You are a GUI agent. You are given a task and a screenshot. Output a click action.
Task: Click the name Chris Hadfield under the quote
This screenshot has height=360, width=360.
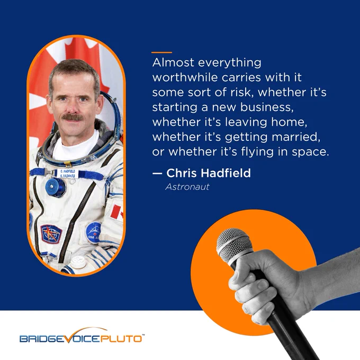click(x=209, y=173)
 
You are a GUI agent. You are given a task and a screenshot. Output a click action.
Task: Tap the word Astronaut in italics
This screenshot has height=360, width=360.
click(x=187, y=187)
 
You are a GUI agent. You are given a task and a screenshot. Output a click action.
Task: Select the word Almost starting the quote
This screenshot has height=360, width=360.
click(x=173, y=62)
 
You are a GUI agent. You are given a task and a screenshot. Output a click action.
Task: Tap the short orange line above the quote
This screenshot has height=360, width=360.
click(x=161, y=52)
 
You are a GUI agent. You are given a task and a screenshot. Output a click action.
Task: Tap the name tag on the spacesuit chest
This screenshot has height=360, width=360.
click(x=68, y=174)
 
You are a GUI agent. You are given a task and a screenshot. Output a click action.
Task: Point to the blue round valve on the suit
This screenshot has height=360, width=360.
click(x=56, y=187)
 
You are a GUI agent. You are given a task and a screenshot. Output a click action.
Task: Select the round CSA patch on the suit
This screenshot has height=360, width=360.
click(x=94, y=232)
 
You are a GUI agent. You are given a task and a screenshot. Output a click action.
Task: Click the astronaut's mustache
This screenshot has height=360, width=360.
click(x=73, y=118)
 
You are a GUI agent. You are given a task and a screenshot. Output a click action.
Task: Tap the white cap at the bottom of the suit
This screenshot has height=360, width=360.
click(x=78, y=262)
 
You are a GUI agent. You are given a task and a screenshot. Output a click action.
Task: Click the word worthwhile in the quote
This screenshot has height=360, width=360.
click(x=185, y=77)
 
